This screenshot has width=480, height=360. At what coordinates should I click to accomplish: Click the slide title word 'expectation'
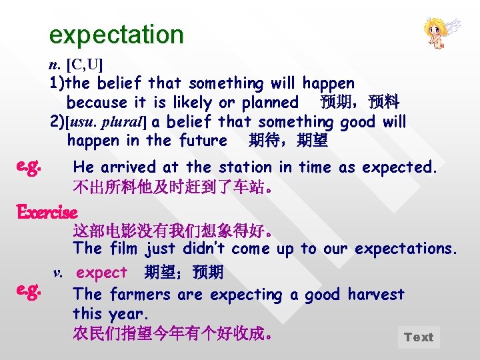tap(116, 35)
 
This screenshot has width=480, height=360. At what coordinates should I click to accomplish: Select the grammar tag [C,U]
tap(85, 65)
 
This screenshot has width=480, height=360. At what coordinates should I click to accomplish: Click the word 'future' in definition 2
tap(203, 141)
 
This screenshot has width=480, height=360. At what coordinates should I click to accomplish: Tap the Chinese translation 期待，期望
tap(288, 141)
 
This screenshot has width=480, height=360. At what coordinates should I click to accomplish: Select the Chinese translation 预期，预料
tap(360, 103)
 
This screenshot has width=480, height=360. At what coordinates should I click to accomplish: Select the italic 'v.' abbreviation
tap(58, 273)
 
